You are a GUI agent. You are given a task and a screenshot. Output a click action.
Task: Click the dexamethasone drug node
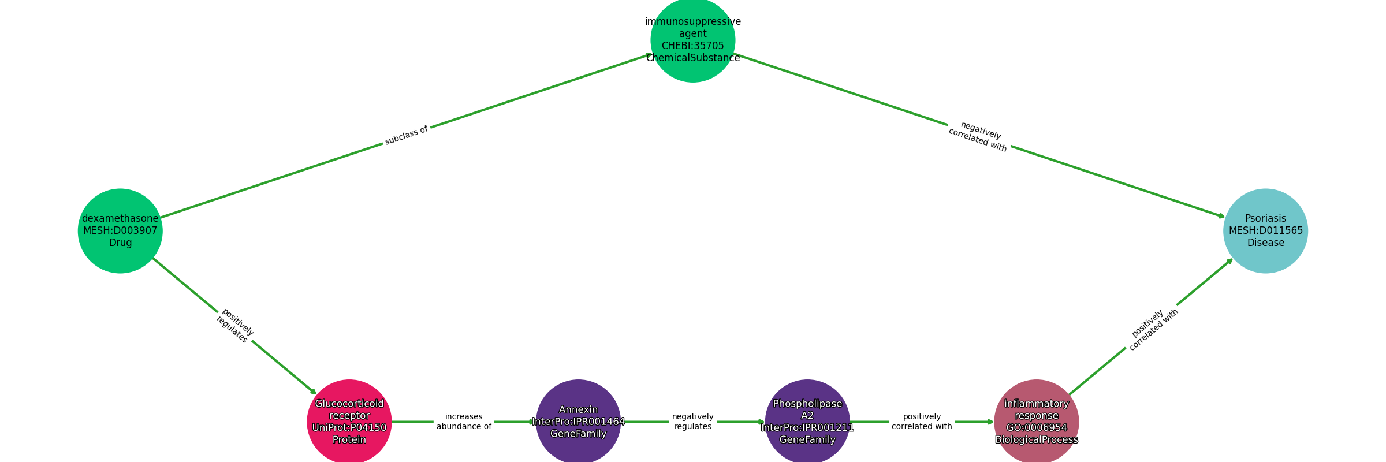[x=120, y=230]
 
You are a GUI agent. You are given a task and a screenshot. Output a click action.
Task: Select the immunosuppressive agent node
[x=692, y=40]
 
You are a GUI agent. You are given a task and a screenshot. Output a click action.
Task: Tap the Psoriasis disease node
[x=1265, y=230]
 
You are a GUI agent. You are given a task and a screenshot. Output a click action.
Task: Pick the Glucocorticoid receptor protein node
[x=349, y=422]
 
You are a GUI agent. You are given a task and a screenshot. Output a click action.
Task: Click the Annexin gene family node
[x=578, y=422]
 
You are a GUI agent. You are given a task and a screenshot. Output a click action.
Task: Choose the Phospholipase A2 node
[x=807, y=422]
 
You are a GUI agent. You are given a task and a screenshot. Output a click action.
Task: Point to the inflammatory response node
[x=1036, y=422]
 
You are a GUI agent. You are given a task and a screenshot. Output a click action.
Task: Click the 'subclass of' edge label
[x=406, y=135]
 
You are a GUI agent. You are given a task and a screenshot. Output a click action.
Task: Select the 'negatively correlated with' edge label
[x=979, y=137]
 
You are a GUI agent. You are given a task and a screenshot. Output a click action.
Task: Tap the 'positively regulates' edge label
[x=234, y=326]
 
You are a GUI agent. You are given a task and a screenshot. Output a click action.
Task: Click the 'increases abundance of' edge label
[x=464, y=422]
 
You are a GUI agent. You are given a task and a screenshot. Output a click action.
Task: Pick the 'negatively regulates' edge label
[x=692, y=422]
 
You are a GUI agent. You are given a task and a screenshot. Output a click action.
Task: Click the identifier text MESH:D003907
[x=120, y=230]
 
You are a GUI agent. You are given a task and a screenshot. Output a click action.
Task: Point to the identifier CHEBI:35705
[x=692, y=46]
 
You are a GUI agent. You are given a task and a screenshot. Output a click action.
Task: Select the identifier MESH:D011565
[x=1265, y=230]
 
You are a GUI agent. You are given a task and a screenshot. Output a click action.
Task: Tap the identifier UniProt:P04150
[x=349, y=428]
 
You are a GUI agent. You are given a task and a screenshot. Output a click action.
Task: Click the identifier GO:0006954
[x=1036, y=428]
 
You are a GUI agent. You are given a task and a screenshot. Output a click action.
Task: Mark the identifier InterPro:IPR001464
[x=578, y=422]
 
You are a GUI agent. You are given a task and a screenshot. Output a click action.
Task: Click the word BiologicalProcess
[x=1036, y=440]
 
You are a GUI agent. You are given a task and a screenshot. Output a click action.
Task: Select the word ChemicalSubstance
[x=692, y=58]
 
